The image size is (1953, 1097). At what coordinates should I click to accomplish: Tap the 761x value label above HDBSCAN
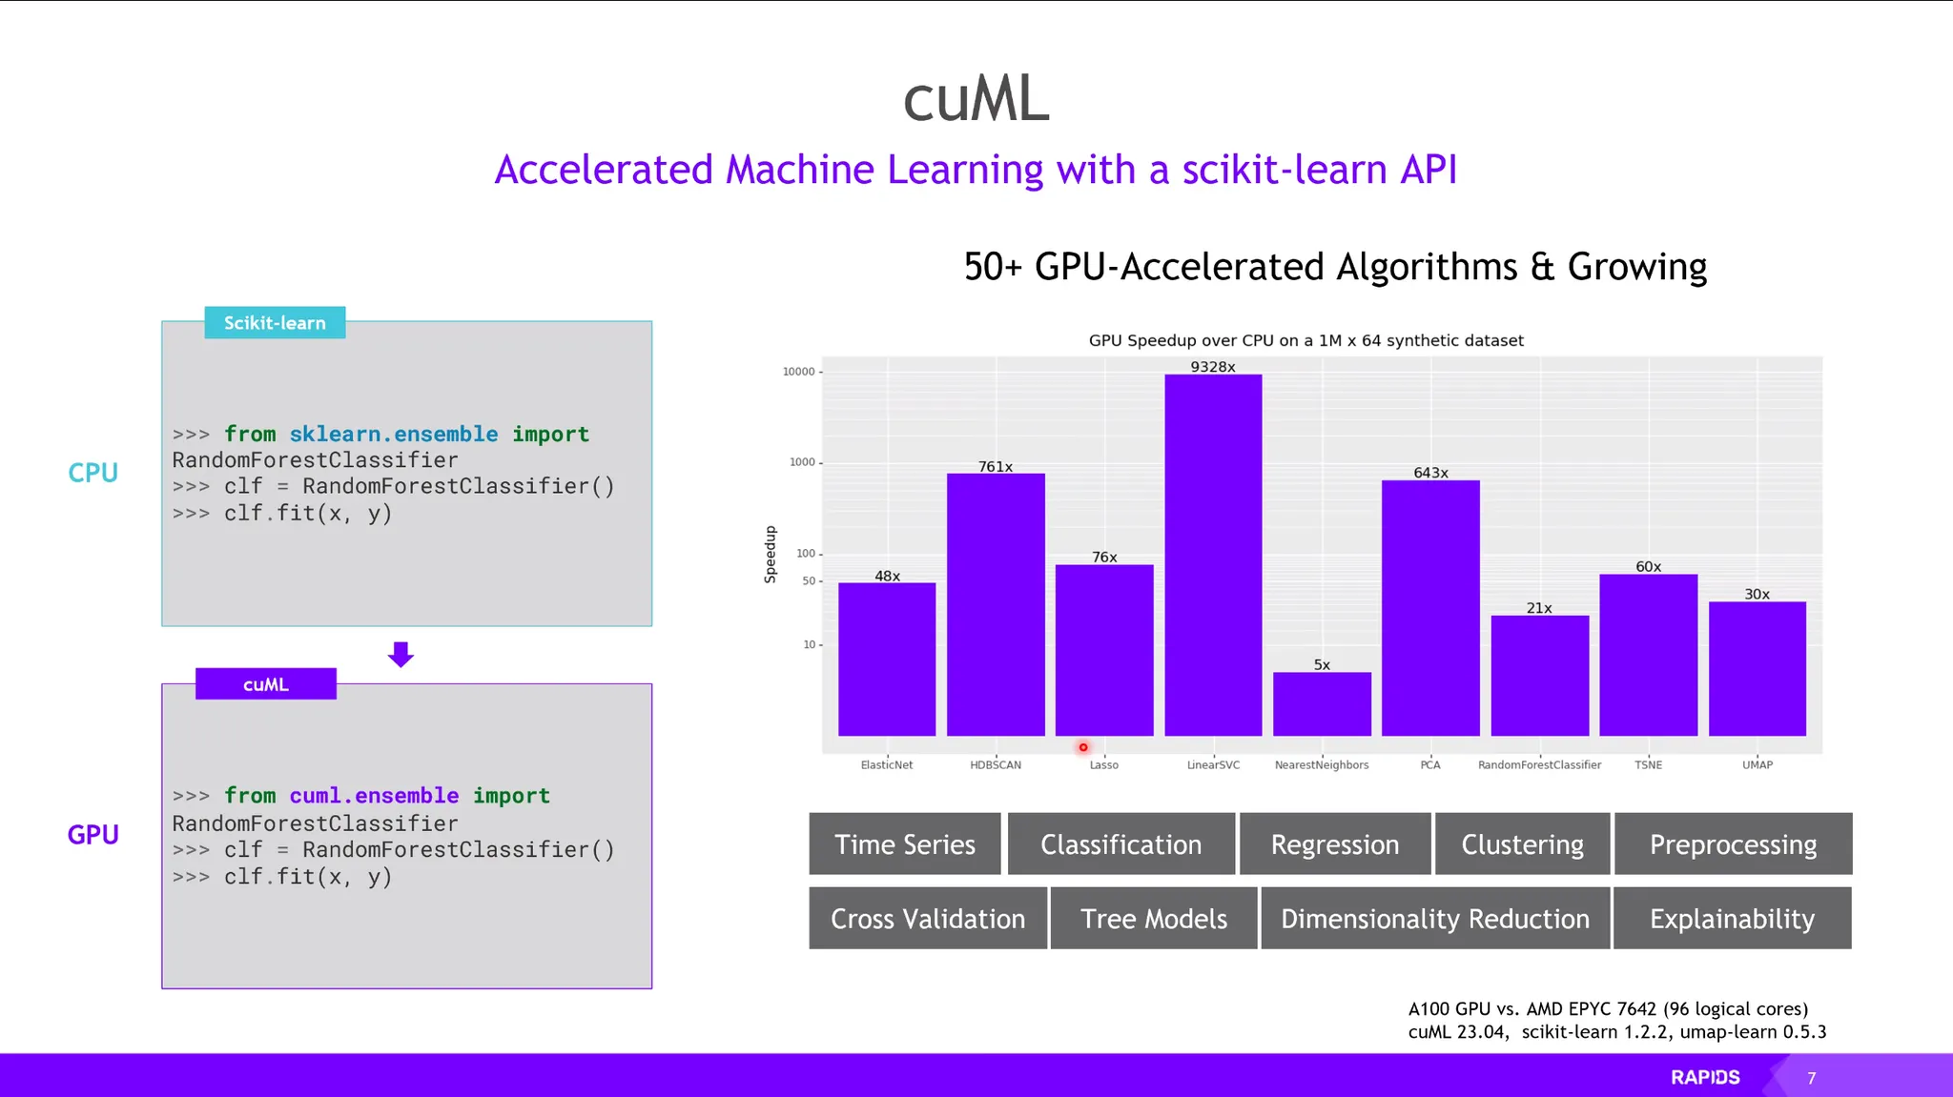pos(996,466)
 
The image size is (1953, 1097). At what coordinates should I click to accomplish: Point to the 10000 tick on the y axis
pos(799,372)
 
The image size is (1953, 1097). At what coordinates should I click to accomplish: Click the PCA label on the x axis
pos(1430,764)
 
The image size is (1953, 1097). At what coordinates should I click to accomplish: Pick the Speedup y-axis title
pos(771,555)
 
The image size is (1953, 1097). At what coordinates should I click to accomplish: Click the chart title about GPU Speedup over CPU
pos(1305,340)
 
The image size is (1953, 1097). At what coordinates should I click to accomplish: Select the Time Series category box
pos(905,843)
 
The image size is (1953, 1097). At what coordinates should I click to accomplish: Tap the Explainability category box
pos(1732,918)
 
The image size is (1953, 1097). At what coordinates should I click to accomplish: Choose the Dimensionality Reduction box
pos(1435,918)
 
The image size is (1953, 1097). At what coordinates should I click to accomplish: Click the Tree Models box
pos(1154,918)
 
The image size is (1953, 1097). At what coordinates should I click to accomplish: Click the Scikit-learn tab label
pos(275,323)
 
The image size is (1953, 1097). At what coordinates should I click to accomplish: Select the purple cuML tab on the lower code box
pos(266,684)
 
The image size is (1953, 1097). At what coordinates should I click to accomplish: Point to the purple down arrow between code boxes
pos(401,654)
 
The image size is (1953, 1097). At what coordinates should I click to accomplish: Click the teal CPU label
pos(93,473)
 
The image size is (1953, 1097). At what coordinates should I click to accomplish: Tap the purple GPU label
pos(93,835)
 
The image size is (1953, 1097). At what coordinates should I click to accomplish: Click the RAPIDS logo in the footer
pos(1705,1077)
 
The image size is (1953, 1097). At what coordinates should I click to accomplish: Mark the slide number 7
pos(1812,1078)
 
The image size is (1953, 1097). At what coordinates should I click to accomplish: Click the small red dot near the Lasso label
pos(1083,747)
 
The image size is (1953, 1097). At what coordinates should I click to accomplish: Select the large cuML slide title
pos(976,99)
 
